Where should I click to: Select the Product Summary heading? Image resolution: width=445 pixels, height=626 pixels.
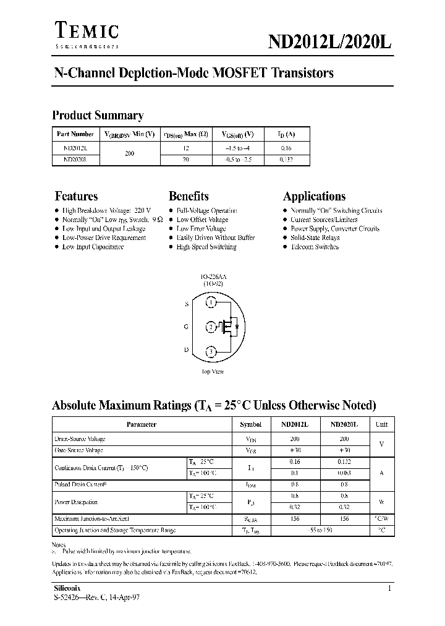[98, 115]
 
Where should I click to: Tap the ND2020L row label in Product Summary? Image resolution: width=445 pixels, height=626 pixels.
[75, 159]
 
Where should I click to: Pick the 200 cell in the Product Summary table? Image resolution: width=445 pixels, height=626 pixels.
[129, 153]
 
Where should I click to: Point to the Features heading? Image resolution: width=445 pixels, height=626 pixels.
[76, 196]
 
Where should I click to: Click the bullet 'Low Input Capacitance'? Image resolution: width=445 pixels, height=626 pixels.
[93, 247]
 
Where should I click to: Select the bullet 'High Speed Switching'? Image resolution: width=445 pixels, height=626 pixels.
[206, 247]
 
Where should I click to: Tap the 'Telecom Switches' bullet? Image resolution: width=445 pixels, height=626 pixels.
[315, 247]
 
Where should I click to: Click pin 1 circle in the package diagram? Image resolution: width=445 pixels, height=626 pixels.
[211, 303]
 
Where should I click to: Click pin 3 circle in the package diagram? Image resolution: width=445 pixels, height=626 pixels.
[211, 351]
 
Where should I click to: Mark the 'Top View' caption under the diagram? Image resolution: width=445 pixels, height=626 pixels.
[213, 372]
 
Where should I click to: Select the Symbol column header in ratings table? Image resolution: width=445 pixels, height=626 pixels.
[250, 425]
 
